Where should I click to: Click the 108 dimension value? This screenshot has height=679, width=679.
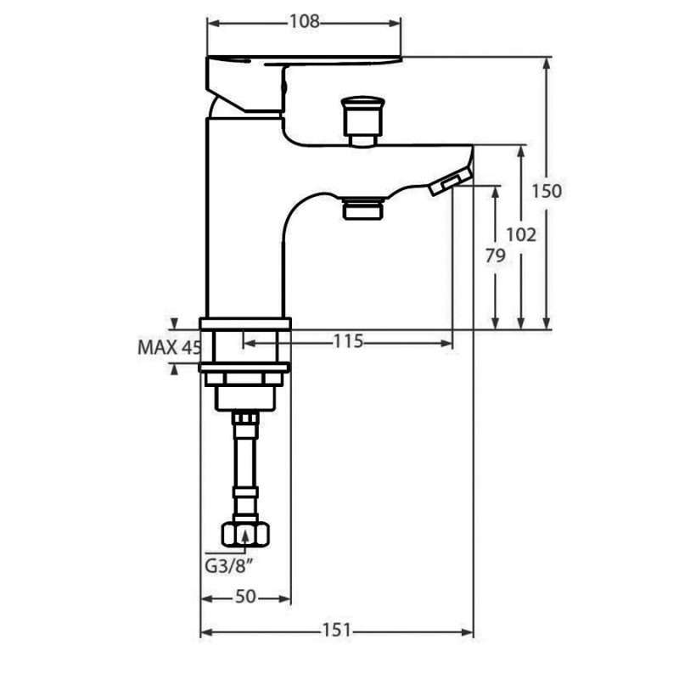(304, 21)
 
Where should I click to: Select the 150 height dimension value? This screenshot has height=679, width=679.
(547, 191)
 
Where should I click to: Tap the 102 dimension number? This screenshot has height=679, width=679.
(521, 235)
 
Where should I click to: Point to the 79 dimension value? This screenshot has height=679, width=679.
(495, 256)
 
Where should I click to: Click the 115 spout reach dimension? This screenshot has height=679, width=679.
(348, 342)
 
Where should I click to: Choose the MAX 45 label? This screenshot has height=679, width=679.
(169, 347)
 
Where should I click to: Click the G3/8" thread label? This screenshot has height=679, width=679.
(228, 566)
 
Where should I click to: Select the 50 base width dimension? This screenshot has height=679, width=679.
(245, 597)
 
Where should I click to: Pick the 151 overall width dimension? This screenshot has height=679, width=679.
(336, 630)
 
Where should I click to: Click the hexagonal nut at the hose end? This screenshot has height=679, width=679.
(245, 535)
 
